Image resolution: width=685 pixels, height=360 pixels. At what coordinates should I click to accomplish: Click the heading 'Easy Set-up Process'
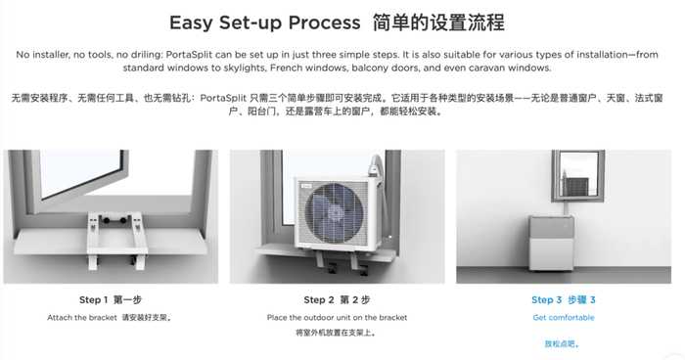[x=265, y=22]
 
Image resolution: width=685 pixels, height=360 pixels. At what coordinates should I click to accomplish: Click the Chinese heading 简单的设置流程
[x=438, y=22]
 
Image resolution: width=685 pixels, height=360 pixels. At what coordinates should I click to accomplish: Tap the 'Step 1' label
[x=93, y=299]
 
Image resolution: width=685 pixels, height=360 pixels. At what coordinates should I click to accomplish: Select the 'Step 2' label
[x=319, y=299]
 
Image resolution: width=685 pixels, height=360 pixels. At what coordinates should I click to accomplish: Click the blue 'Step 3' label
[x=546, y=299]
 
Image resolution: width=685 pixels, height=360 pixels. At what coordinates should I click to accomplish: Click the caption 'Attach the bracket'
[x=82, y=318]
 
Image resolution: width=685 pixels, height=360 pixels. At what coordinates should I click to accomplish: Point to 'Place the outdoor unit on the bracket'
[x=338, y=318]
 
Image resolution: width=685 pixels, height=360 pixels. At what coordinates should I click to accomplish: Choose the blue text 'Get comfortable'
[x=564, y=318]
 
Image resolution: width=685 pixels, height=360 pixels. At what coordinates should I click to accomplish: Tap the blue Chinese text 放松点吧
[x=562, y=343]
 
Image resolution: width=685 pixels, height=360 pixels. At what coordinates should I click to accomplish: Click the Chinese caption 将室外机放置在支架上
[x=336, y=333]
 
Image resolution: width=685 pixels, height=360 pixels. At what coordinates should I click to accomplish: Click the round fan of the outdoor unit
[x=334, y=213]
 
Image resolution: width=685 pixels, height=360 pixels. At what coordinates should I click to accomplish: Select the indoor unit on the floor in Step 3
[x=552, y=243]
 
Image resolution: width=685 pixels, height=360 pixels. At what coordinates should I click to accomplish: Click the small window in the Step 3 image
[x=578, y=176]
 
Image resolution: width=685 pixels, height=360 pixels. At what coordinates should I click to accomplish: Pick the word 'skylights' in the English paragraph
[x=246, y=68]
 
